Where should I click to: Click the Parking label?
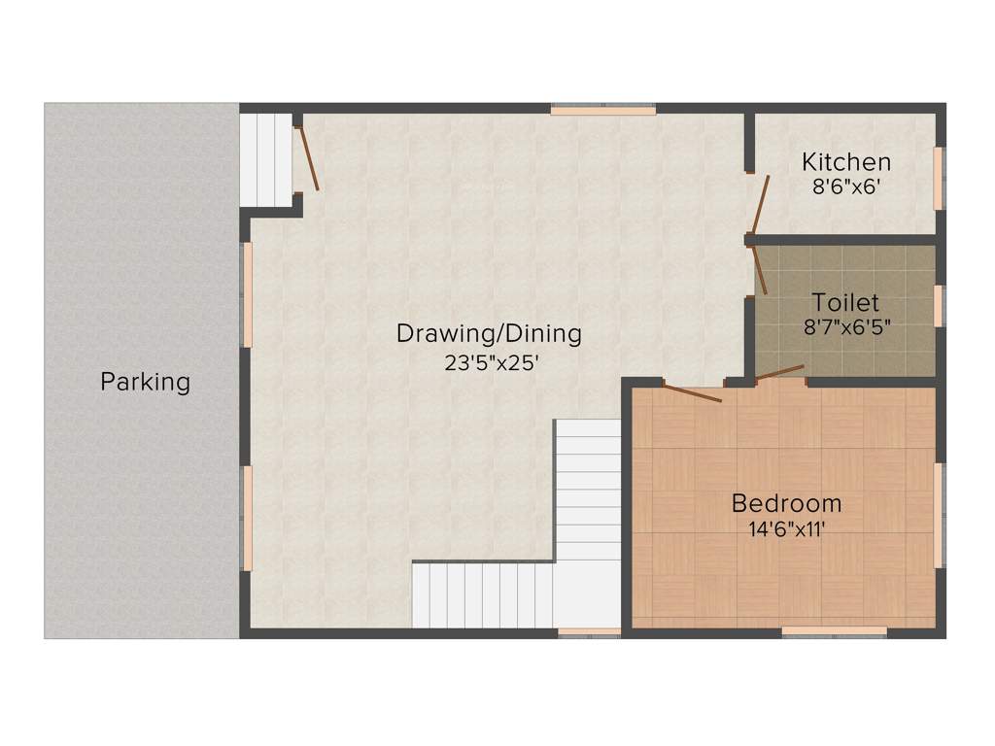145,382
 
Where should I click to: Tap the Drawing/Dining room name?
489,334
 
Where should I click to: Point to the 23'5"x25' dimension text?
489,363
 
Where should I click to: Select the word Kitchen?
845,162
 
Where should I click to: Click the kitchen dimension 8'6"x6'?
845,187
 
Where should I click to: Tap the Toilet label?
845,301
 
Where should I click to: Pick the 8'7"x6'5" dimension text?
846,327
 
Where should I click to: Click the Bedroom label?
786,503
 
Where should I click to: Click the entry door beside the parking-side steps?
308,155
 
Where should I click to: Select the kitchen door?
759,206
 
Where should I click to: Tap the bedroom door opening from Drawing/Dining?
692,393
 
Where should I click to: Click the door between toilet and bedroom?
780,372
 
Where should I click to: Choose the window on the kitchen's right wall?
938,178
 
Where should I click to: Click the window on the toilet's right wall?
938,306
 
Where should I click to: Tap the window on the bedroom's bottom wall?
834,631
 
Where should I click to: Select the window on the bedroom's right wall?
938,515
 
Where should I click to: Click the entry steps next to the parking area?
266,160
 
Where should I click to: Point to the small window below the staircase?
589,632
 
